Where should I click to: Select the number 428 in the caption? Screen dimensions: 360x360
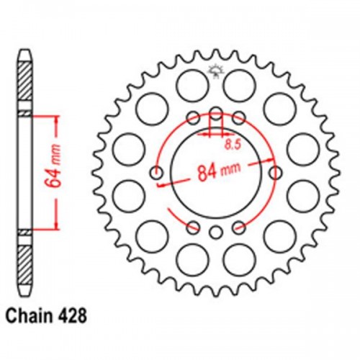click(74, 315)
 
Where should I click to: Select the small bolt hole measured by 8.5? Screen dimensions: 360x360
click(216, 112)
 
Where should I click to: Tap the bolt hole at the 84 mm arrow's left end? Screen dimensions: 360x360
click(156, 172)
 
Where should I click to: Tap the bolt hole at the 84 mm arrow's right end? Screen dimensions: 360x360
click(276, 172)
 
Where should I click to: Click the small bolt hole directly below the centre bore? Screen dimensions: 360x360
click(216, 232)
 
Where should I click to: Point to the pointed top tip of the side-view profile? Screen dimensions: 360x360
click(23, 52)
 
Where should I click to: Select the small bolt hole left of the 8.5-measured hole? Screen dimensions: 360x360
click(193, 117)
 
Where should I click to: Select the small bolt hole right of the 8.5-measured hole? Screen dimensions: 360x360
click(239, 117)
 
